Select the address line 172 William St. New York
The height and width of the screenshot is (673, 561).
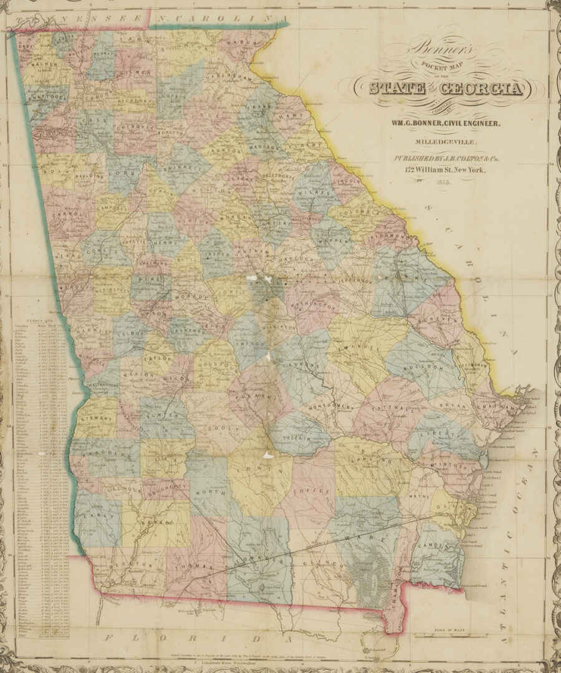443,170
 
